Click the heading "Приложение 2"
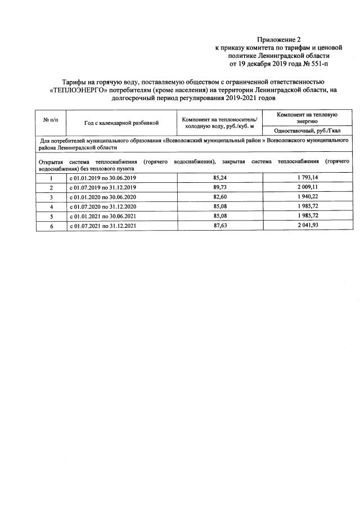[x=279, y=39]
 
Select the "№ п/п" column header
[x=51, y=120]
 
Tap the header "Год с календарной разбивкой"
[x=122, y=122]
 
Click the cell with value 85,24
[x=220, y=177]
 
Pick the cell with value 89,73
[x=220, y=187]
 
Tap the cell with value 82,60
[x=220, y=196]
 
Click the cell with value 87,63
[x=220, y=226]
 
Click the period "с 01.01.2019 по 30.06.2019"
[x=103, y=177]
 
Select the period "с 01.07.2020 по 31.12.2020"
[x=103, y=206]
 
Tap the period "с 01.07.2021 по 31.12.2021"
[x=103, y=226]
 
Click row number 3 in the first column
[x=51, y=196]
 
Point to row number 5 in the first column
[x=51, y=216]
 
